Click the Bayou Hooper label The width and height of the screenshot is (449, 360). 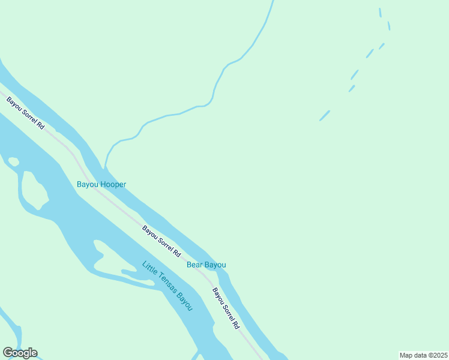[101, 184]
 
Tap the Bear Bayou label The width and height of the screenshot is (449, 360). [206, 265]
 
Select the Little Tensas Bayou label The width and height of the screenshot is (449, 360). [168, 286]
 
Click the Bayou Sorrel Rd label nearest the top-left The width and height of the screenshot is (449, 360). [25, 113]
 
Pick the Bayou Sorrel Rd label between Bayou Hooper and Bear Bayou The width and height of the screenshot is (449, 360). [161, 241]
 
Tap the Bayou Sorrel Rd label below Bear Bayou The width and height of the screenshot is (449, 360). [226, 308]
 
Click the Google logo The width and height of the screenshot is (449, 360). [20, 353]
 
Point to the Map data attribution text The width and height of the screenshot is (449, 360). [423, 355]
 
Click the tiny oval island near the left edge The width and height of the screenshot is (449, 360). [13, 161]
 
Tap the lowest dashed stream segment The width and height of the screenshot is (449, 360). [325, 115]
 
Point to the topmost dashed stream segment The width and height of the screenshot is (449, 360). [380, 12]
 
